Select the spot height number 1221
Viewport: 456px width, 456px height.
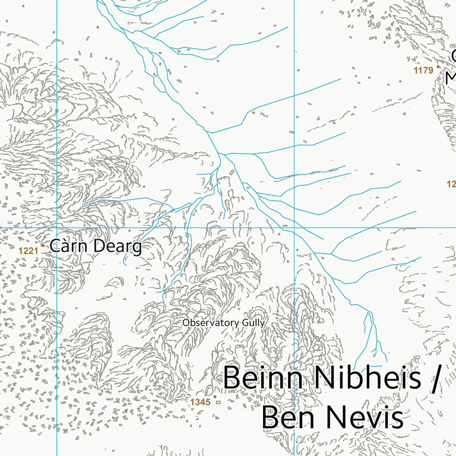tap(28, 251)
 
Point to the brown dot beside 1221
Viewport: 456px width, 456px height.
tap(43, 245)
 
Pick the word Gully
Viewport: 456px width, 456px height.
tap(254, 323)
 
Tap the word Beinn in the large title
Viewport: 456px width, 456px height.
tap(261, 378)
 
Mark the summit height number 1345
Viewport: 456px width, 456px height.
tap(200, 403)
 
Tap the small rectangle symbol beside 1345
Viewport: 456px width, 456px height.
tap(218, 402)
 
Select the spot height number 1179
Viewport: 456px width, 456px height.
tap(423, 71)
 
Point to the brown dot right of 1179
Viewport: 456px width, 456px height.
tap(438, 67)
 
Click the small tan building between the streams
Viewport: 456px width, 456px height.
tap(232, 172)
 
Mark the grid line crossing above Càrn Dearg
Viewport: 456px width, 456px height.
tap(56, 227)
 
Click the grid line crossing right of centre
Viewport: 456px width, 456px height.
tap(294, 227)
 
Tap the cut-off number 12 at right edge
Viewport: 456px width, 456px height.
tap(451, 184)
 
